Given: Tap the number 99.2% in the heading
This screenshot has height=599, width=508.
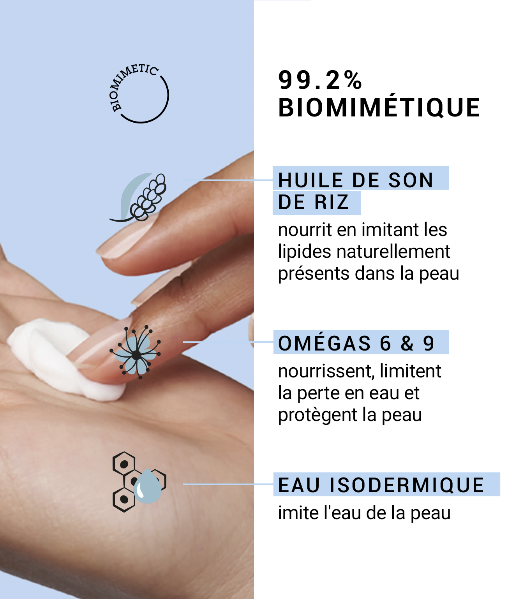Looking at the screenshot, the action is tap(320, 80).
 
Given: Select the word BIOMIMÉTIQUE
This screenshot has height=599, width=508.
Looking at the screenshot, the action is tap(379, 108).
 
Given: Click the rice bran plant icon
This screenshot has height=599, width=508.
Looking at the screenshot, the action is tap(138, 197).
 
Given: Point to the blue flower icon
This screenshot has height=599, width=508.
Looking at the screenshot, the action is tap(136, 352).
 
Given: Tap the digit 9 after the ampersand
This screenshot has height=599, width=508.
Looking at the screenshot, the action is tap(428, 344).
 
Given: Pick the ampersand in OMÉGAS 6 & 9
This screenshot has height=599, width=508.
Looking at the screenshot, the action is tap(407, 344).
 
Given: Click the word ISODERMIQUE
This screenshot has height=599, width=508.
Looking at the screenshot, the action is tap(407, 485).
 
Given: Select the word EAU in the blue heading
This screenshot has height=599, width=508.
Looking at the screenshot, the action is tap(299, 485).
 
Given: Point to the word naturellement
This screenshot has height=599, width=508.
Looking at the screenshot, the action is tap(393, 251).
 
